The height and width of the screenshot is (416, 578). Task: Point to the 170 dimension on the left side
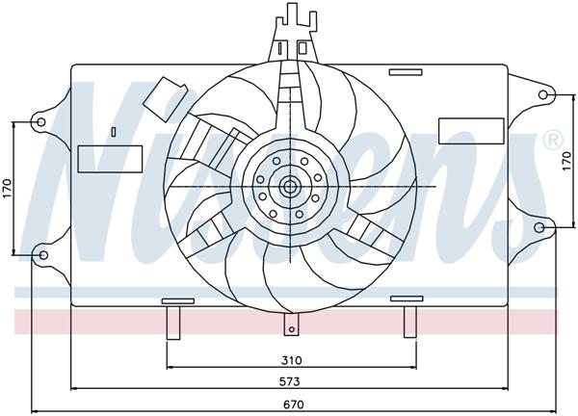pyautogui.click(x=7, y=189)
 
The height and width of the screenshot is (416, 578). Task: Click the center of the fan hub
pyautogui.click(x=289, y=185)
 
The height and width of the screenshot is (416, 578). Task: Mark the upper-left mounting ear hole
pyautogui.click(x=40, y=121)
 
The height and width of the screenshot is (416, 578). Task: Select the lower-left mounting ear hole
pyautogui.click(x=40, y=254)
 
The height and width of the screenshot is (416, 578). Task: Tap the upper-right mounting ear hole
pyautogui.click(x=542, y=94)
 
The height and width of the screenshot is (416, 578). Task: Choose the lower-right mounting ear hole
pyautogui.click(x=542, y=228)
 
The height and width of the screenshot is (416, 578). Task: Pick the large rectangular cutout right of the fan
pyautogui.click(x=471, y=131)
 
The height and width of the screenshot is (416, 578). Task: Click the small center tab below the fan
pyautogui.click(x=290, y=328)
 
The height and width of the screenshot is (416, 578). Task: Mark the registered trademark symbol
pyautogui.click(x=553, y=140)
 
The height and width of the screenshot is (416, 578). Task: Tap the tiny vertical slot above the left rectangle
pyautogui.click(x=113, y=132)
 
